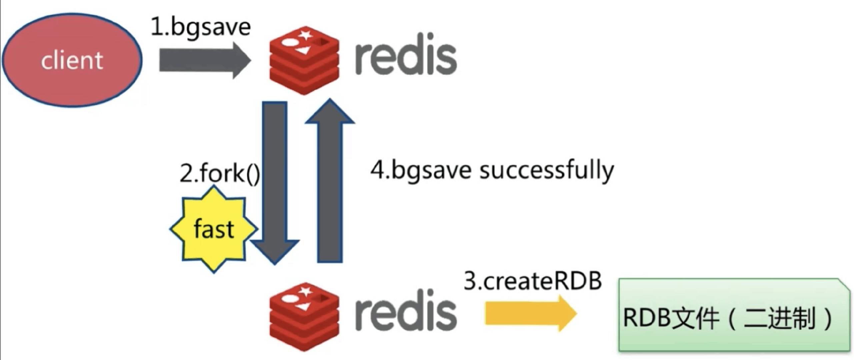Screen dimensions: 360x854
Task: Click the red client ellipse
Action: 72,60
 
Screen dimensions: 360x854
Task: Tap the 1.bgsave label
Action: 200,27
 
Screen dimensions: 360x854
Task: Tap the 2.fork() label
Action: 220,173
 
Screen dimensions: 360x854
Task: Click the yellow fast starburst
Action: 214,229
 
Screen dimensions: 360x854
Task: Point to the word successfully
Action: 546,171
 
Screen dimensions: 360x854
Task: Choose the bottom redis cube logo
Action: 304,317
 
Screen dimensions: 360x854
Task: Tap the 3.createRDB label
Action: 532,281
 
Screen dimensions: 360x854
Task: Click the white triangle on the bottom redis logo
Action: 302,306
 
